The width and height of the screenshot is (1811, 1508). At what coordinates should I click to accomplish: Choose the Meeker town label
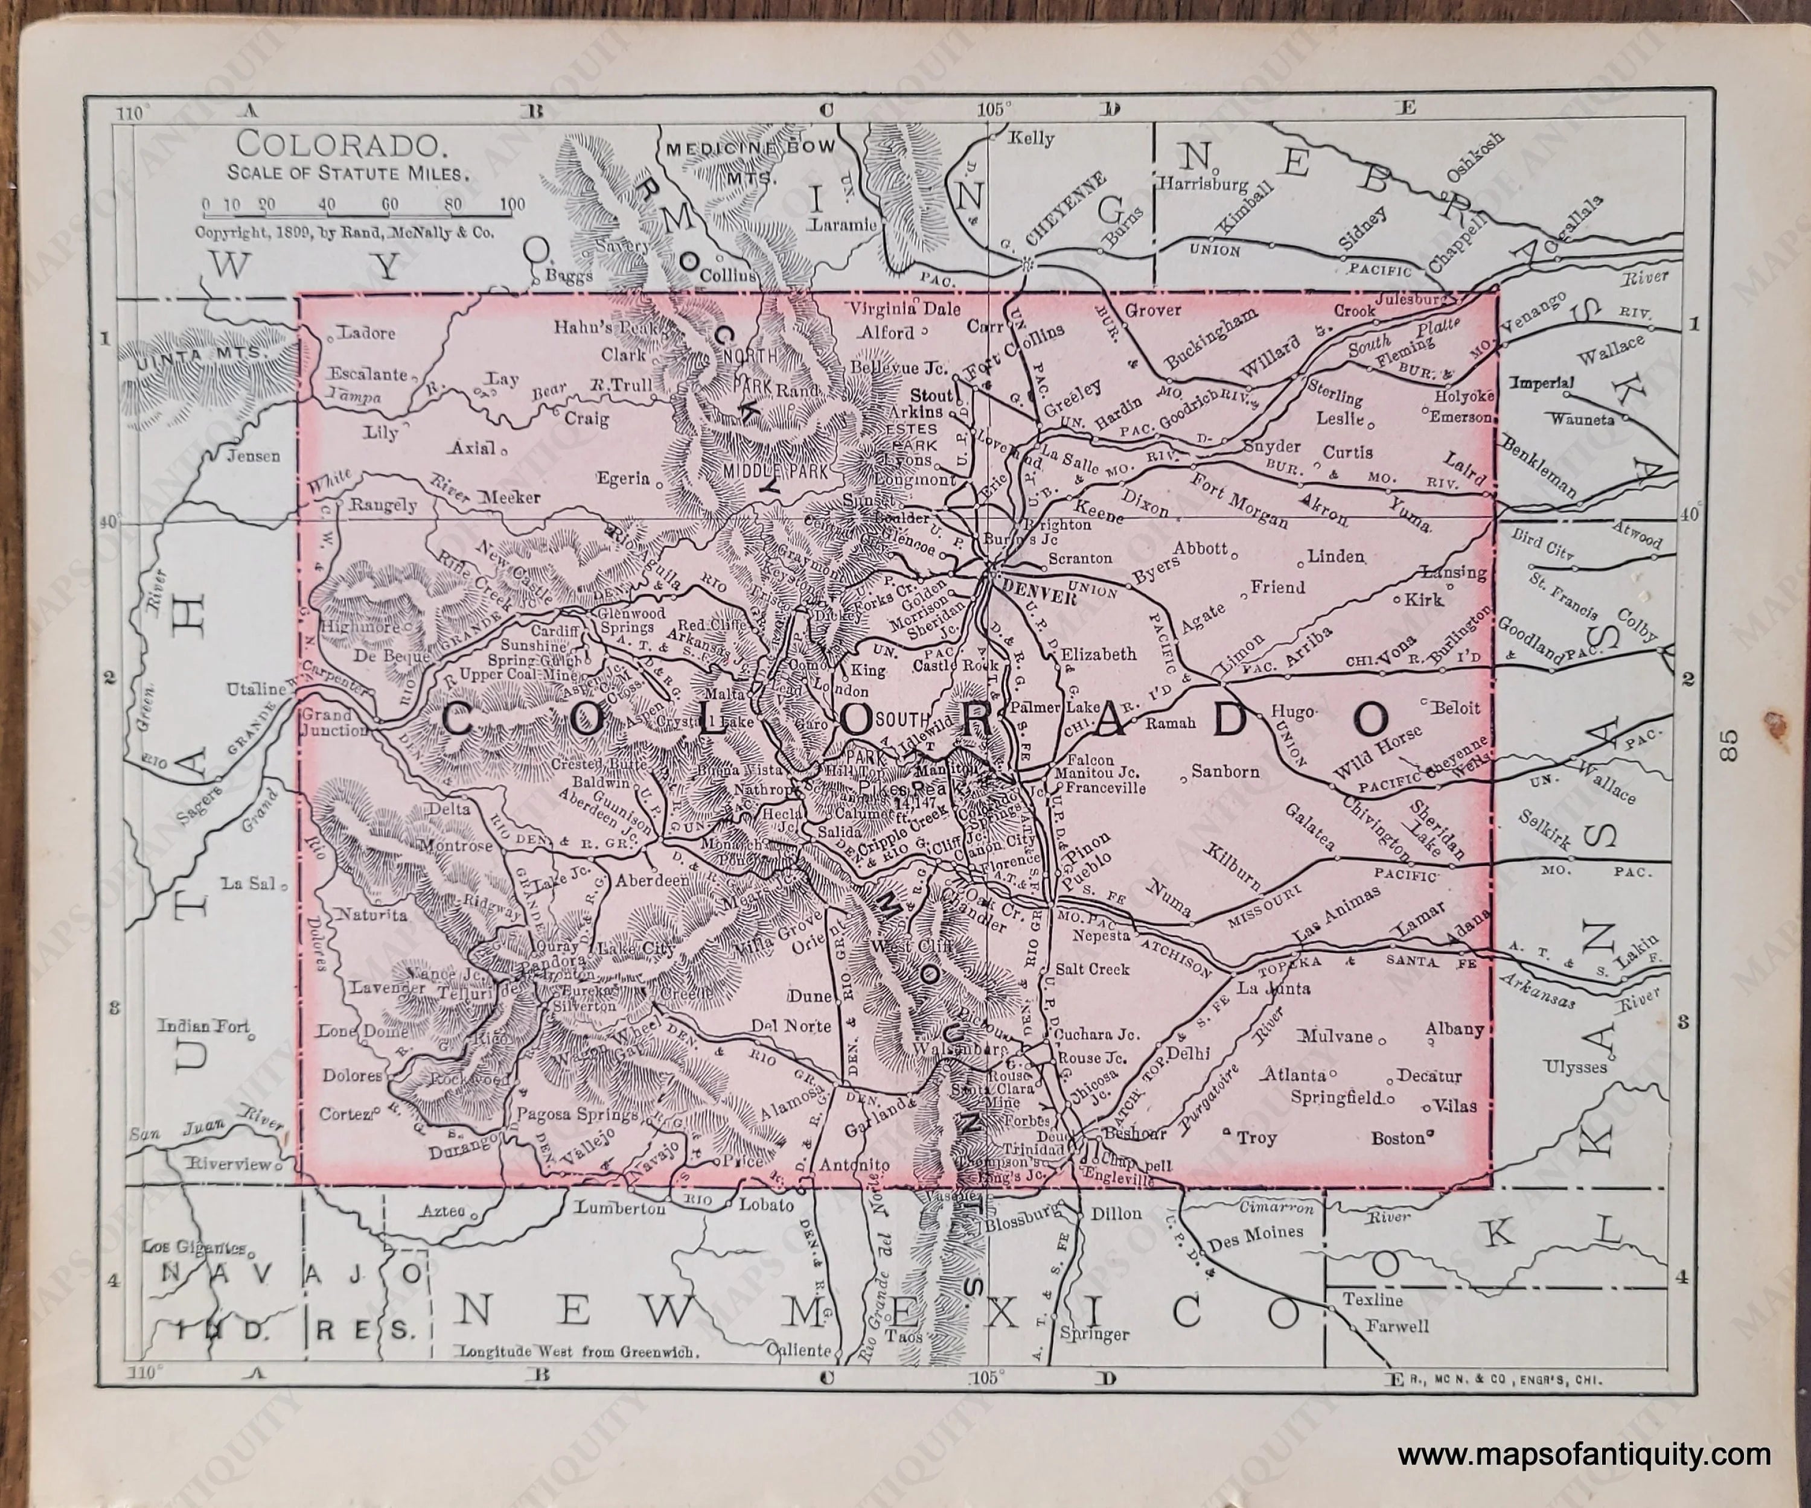coord(511,497)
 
